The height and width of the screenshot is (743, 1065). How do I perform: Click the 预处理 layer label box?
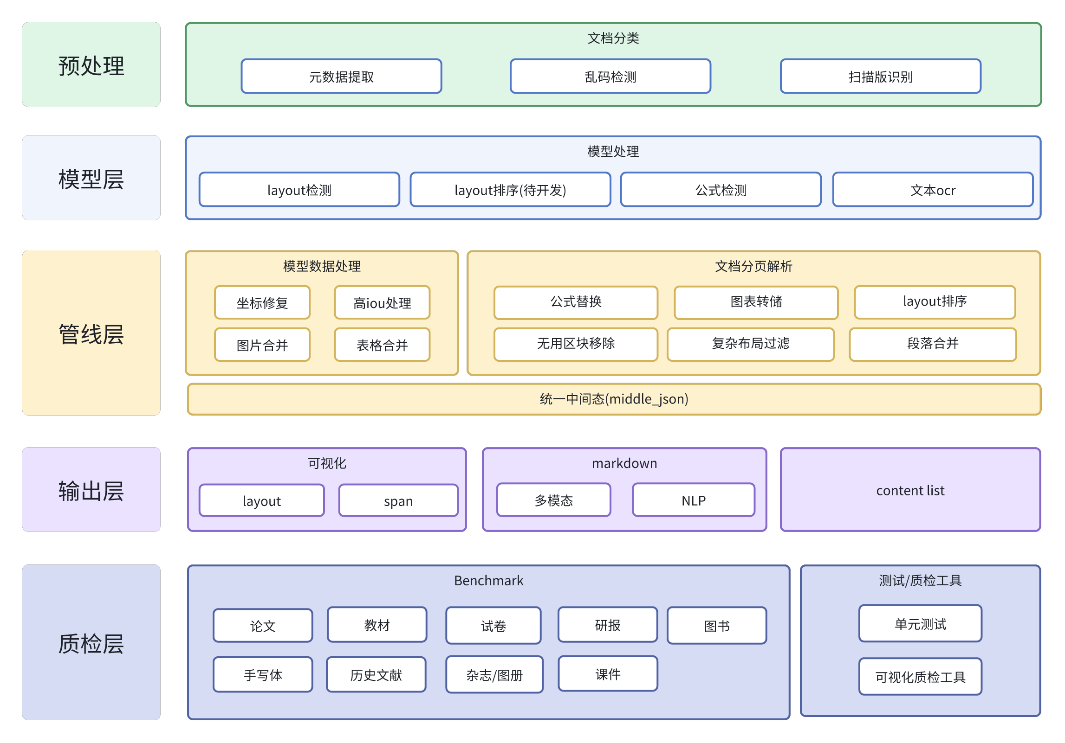91,64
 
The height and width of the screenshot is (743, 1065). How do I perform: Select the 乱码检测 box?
610,76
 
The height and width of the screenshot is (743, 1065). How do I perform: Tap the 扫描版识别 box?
880,76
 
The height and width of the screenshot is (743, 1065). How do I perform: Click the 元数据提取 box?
341,76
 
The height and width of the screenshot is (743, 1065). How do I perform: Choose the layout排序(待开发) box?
510,190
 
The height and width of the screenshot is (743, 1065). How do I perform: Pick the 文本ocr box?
933,190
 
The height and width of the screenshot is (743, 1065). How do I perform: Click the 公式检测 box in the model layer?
721,190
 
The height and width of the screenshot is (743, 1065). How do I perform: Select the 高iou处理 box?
382,303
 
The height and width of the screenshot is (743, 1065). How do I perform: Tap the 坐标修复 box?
262,303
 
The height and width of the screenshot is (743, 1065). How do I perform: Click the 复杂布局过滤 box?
750,344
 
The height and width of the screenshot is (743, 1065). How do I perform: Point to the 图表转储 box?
756,302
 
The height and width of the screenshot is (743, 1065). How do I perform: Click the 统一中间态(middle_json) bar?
614,399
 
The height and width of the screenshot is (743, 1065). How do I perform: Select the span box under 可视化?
398,500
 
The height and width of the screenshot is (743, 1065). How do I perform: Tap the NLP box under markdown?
693,500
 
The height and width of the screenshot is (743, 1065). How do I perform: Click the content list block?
910,490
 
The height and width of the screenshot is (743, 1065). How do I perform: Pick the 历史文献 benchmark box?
376,674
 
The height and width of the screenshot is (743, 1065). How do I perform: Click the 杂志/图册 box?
494,674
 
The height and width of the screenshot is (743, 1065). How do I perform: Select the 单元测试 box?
920,624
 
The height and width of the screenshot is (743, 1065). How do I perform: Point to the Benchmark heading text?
488,581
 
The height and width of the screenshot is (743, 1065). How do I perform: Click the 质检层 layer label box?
91,642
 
